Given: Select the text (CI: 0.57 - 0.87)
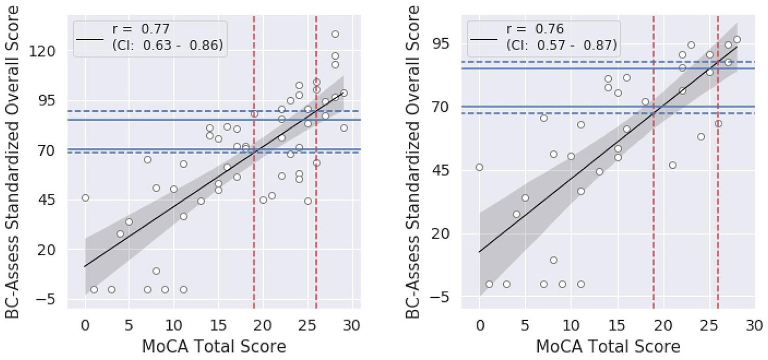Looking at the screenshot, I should pos(561,46).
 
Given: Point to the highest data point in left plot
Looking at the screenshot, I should pos(335,34).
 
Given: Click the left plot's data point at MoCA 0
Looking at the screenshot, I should pos(85,198).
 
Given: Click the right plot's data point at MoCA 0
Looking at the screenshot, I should pos(480,167).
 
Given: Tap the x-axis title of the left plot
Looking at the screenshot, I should pos(213,347).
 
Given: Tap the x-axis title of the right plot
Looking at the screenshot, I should pos(608,347).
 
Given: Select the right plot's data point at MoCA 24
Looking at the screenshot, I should pos(700,136).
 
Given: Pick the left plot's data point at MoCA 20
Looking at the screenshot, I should pos(263,200).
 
